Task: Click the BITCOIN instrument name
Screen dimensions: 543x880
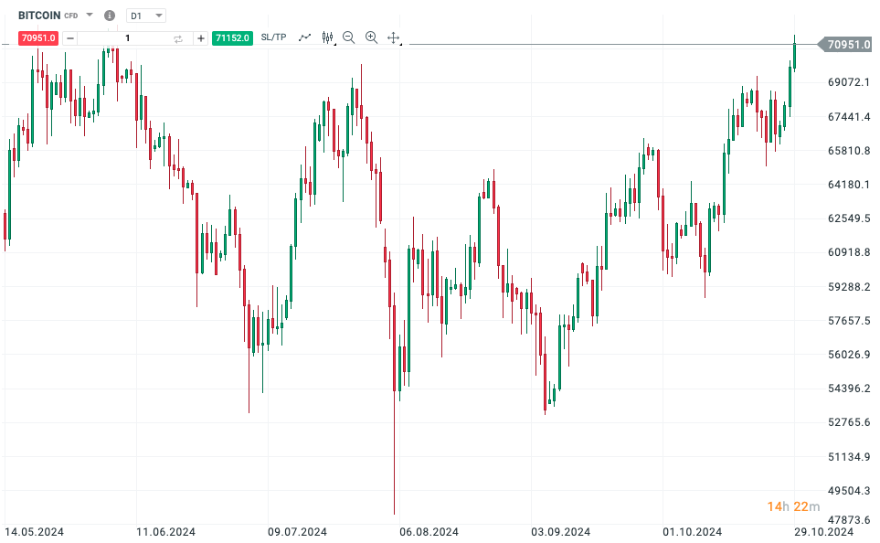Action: (39, 16)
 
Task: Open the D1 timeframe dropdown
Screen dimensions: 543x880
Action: (145, 16)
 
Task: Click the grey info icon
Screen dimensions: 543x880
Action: (110, 16)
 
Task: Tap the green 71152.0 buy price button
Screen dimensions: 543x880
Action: (232, 37)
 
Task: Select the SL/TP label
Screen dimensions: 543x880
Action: (273, 37)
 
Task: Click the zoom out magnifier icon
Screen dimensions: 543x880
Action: (348, 37)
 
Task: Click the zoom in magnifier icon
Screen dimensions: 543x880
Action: (371, 37)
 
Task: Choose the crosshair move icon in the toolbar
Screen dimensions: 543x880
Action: (394, 37)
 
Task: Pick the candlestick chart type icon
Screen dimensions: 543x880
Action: (327, 37)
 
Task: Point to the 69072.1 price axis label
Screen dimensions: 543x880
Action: (848, 82)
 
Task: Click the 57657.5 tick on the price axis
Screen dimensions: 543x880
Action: (848, 321)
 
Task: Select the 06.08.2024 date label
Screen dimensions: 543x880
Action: (429, 531)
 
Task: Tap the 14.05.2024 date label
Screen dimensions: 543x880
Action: (34, 531)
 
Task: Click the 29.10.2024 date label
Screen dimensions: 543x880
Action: (823, 531)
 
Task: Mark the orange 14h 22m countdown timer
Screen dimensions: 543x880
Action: (793, 506)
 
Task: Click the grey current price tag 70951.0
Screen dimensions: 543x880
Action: (848, 44)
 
